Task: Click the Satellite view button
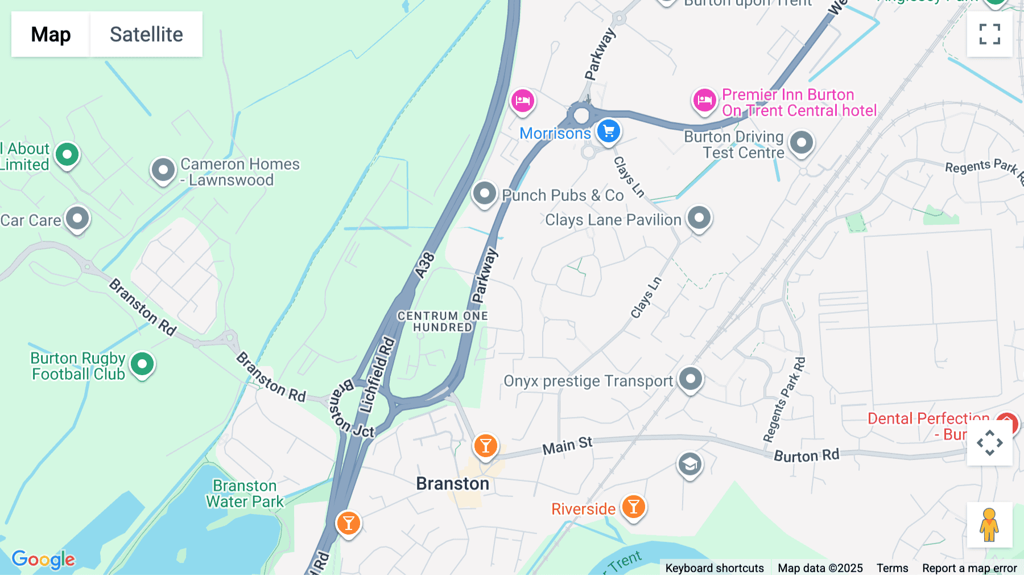146,34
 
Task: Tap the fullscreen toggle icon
989,34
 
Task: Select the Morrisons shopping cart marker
609,132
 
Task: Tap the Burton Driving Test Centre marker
802,142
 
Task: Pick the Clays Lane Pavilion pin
699,218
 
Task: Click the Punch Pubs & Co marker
485,194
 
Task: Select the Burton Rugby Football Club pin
142,364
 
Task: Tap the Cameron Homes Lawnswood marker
163,170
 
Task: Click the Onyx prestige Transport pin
691,379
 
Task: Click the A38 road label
425,265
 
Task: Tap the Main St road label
567,446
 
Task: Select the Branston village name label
452,484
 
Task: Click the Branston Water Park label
245,494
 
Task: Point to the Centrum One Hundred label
443,322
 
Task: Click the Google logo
43,559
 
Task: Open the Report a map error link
969,568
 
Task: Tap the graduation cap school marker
689,465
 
